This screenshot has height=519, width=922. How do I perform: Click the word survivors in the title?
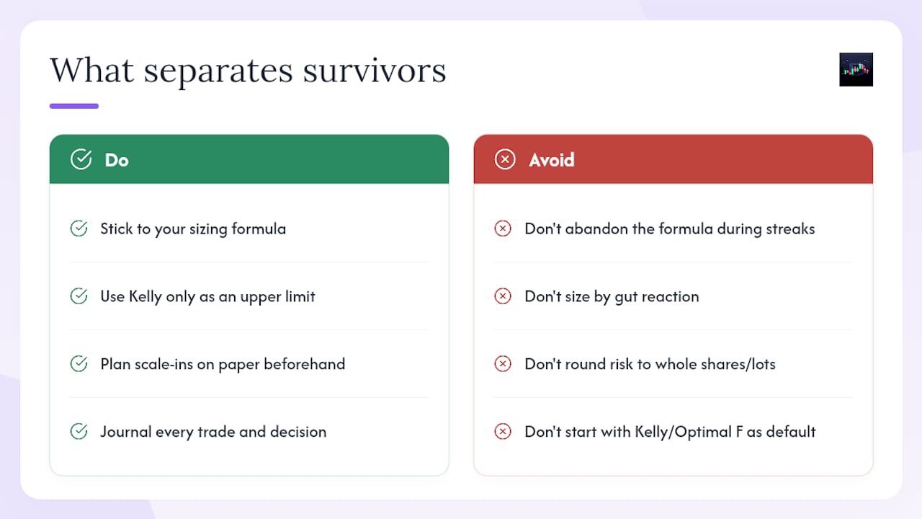375,71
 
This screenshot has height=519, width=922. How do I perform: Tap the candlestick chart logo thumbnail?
856,69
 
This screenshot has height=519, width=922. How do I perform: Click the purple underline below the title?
74,106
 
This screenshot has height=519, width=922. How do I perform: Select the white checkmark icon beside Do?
81,159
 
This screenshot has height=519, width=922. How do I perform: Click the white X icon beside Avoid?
505,159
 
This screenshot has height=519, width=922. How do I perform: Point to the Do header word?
117,160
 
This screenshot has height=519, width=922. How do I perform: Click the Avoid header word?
552,160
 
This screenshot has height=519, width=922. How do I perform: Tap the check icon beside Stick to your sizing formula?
79,229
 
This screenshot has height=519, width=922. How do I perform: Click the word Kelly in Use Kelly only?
146,297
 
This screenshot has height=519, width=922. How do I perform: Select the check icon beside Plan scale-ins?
79,363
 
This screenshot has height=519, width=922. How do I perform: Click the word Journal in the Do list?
126,432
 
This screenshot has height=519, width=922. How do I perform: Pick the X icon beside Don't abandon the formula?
503,229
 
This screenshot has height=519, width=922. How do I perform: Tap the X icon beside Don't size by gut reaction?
503,296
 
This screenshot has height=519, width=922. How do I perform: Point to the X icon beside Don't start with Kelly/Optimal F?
503,431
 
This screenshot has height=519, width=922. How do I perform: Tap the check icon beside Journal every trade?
79,431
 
